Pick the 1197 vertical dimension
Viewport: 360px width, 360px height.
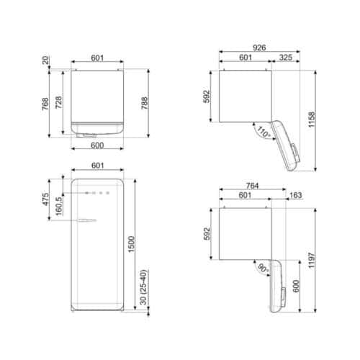click(x=312, y=256)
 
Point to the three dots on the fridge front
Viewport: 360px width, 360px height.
click(x=99, y=193)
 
